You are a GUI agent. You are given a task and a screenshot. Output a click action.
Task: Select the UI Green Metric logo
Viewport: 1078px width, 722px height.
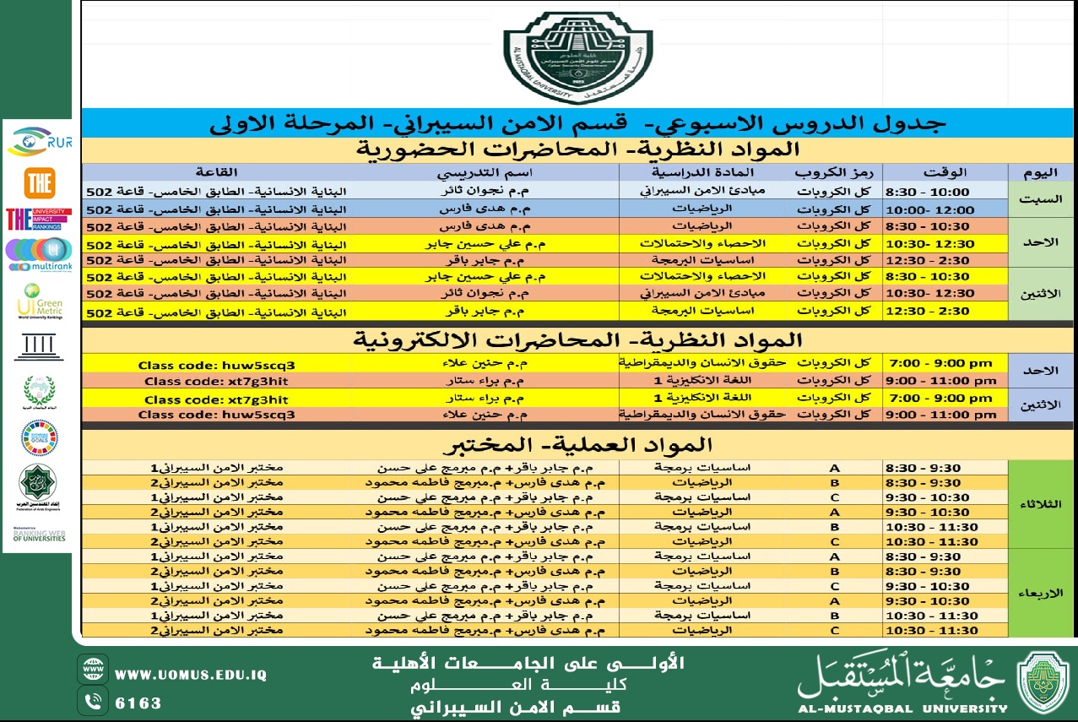(39, 301)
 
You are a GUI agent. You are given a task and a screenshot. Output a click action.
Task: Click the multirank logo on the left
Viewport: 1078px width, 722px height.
(38, 254)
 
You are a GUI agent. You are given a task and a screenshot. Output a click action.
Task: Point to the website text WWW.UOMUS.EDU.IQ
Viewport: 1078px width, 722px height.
(191, 675)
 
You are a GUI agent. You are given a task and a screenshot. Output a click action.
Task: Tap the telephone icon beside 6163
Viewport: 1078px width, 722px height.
(93, 702)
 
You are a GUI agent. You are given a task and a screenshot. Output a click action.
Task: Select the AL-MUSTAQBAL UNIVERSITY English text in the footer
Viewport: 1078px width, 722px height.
(902, 708)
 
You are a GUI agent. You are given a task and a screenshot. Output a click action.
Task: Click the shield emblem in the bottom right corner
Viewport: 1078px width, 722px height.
(1043, 682)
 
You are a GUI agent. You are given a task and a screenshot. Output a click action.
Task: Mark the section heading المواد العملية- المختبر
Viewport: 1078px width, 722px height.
(578, 445)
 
